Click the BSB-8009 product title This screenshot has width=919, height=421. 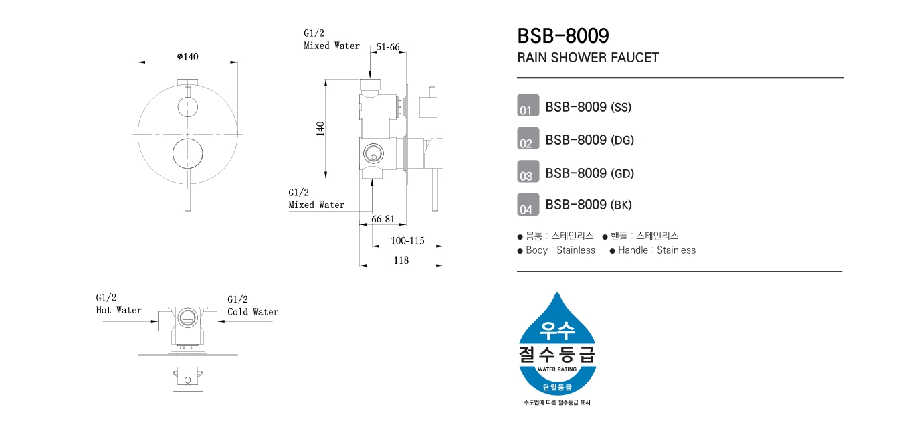tap(563, 35)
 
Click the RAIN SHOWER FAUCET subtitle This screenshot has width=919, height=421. tap(588, 58)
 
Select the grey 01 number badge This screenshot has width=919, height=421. tap(528, 106)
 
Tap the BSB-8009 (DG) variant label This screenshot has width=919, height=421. tap(589, 140)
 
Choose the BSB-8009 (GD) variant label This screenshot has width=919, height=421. tap(589, 173)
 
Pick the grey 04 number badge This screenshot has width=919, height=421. tap(528, 205)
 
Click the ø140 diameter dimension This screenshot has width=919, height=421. tap(188, 56)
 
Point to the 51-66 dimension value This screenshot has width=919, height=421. tap(388, 46)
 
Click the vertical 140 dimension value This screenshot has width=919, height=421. tap(320, 129)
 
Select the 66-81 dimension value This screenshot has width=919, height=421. tap(383, 219)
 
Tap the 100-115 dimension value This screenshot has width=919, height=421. tap(407, 240)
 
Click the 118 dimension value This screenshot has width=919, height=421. tap(401, 260)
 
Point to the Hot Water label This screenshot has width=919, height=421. tap(119, 310)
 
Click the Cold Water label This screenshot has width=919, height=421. tap(252, 311)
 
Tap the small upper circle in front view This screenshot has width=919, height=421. tap(187, 106)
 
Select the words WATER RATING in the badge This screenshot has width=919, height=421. tap(557, 369)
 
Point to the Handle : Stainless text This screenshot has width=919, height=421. tap(656, 250)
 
